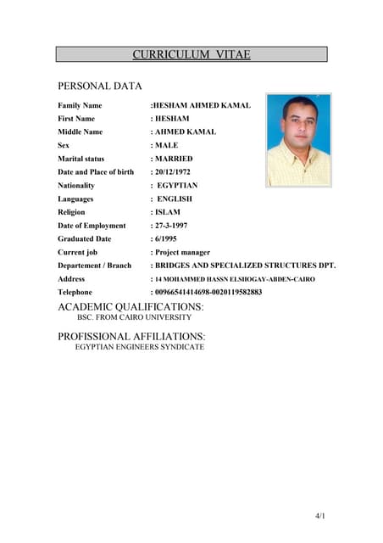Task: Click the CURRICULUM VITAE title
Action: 191,54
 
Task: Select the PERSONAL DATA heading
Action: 99,86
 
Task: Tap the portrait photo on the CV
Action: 298,140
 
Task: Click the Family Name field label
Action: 80,105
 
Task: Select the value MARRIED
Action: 173,159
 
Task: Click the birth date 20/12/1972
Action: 178,172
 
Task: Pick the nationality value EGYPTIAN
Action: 177,185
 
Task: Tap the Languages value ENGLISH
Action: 175,199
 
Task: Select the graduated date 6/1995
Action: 166,239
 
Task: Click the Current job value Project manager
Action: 181,252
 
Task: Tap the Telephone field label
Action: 75,292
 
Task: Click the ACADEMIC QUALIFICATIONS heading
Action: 130,305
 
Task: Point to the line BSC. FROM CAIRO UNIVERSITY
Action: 134,317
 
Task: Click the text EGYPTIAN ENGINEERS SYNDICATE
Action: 139,347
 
